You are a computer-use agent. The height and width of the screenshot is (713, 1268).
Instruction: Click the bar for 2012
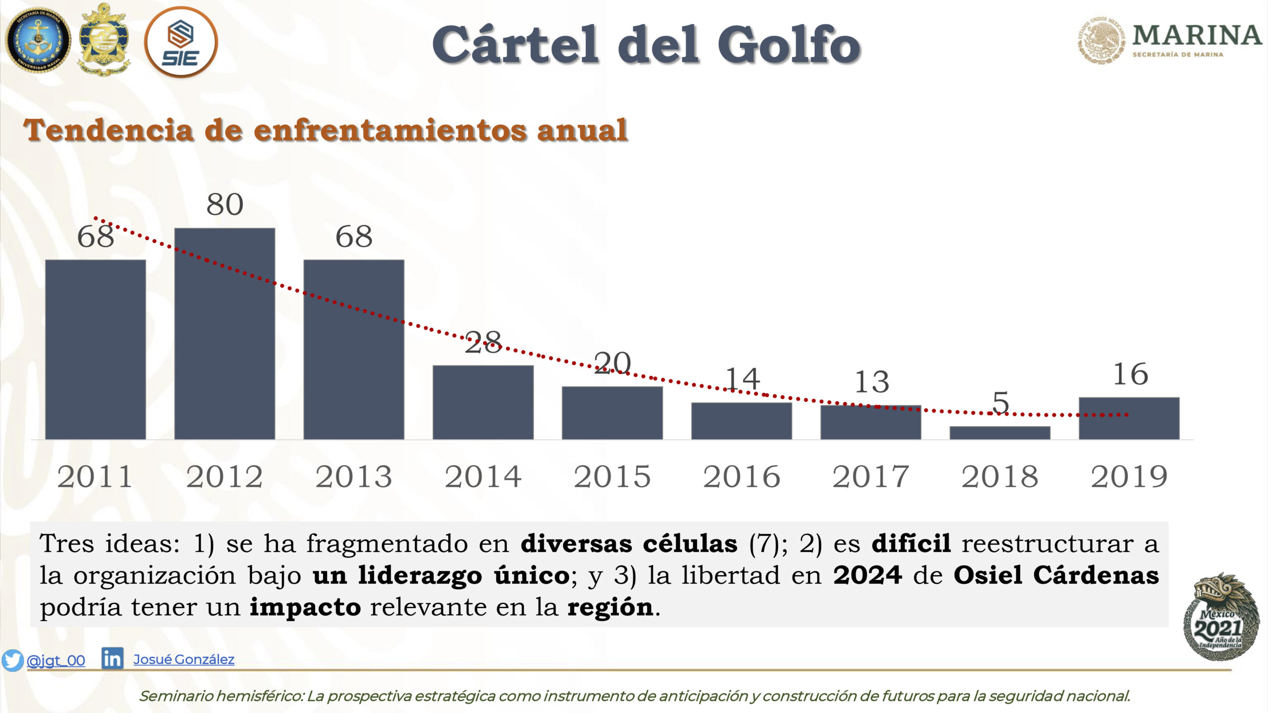(224, 334)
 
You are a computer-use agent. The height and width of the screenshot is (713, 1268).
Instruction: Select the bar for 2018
(1000, 433)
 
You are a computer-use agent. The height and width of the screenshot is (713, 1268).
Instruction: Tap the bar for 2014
(483, 403)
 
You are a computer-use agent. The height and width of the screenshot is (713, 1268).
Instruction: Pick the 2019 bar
(1129, 418)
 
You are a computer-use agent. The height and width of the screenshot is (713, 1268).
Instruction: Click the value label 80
(225, 204)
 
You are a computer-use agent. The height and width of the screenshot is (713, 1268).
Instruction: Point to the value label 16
(1131, 374)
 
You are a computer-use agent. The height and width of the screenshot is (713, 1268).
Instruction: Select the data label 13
(872, 382)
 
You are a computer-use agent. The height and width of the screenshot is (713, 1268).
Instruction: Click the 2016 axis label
(741, 477)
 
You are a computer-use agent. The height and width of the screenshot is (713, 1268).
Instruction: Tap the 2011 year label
(95, 477)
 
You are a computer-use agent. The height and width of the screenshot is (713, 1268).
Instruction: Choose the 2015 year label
(612, 477)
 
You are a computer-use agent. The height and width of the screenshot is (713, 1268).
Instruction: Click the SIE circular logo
(181, 42)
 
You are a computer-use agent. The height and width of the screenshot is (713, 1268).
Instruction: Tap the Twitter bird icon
(12, 660)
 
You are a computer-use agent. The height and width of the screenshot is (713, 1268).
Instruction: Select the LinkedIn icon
(112, 659)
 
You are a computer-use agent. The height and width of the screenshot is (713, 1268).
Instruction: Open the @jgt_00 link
(55, 661)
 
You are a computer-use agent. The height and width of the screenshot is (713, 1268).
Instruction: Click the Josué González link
(184, 660)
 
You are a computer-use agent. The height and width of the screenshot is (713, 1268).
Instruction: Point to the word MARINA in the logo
(1197, 35)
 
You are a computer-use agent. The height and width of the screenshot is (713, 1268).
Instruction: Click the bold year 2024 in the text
(867, 575)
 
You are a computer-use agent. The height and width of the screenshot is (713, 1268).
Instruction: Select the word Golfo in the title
(789, 45)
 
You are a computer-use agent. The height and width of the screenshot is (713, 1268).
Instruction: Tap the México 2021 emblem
(1220, 617)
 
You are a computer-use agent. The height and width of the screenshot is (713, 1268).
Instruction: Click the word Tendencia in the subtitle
(108, 130)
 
